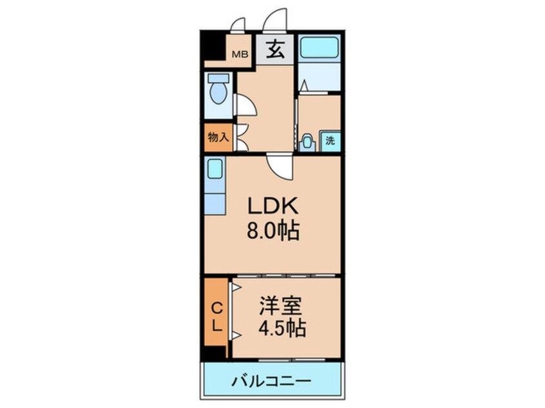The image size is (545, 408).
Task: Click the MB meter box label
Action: (240, 55)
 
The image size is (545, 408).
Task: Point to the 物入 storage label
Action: (218, 137)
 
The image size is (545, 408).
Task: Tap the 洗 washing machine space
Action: (329, 140)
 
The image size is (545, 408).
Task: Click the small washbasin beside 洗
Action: (308, 141)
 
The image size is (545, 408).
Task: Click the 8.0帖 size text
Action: (272, 230)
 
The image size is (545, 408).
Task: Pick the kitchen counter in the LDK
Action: (215, 186)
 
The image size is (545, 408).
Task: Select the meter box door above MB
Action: (238, 26)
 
